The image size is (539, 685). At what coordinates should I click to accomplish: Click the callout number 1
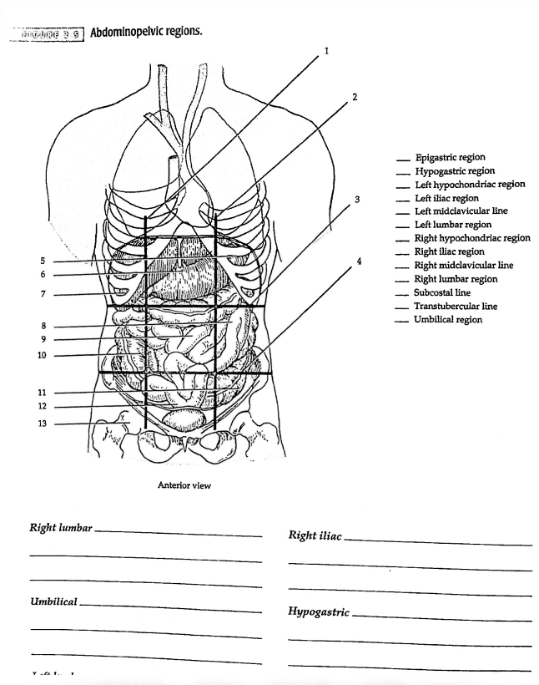[326, 51]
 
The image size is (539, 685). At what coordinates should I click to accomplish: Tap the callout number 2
[355, 97]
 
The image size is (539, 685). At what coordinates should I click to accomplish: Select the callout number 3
[357, 200]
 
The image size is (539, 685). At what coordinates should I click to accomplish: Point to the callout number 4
[360, 261]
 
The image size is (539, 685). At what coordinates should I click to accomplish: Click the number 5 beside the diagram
[43, 261]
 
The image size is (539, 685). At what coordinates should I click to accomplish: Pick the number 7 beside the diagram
[43, 294]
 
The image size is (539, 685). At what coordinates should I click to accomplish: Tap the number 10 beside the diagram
[42, 355]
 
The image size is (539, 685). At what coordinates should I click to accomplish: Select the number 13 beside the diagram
[42, 424]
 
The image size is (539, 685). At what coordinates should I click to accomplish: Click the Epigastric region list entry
[450, 157]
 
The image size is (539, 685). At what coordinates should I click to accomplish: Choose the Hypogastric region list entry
[455, 171]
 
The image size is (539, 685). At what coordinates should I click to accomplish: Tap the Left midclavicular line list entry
[461, 211]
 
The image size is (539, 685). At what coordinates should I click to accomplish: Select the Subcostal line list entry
[442, 292]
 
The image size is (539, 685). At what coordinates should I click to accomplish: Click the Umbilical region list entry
[448, 320]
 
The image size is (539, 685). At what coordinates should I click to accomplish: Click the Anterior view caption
[185, 485]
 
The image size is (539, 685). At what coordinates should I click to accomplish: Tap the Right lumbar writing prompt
[61, 528]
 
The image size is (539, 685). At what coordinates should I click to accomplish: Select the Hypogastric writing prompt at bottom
[319, 611]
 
